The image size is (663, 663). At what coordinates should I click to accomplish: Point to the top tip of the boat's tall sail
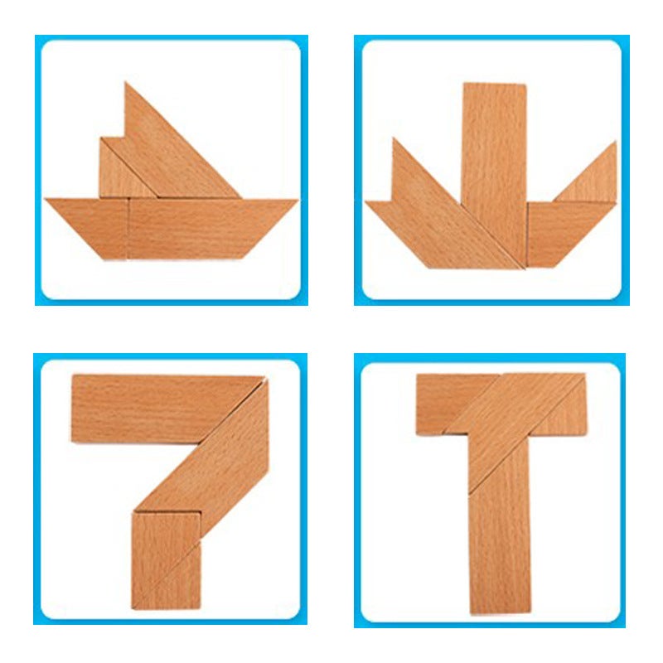[127, 85]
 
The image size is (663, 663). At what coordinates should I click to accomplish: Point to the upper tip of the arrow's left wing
[394, 143]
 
